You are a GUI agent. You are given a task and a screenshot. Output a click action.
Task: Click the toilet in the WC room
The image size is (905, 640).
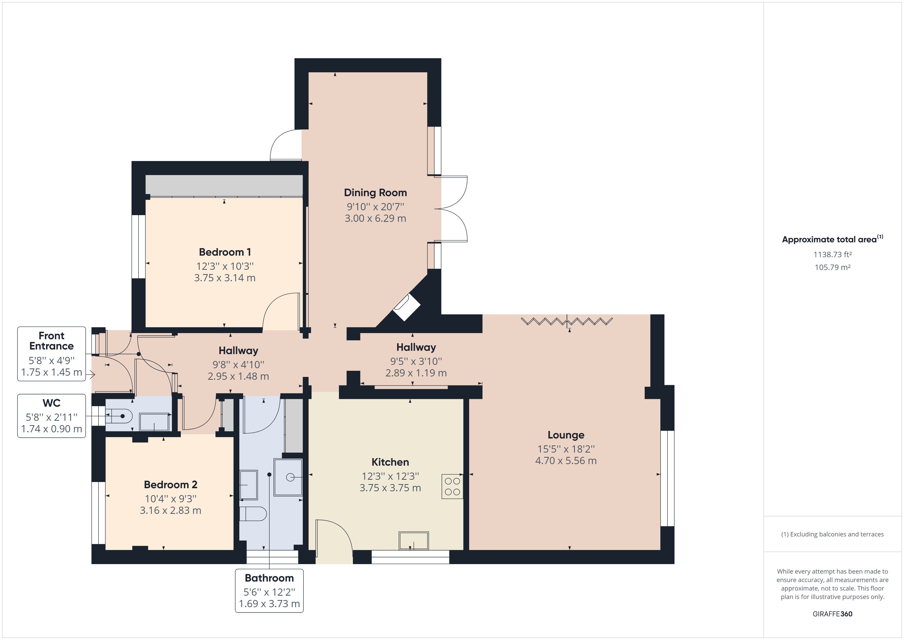(x=118, y=416)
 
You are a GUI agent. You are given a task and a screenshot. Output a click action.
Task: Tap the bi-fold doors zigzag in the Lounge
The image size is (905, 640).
(x=566, y=321)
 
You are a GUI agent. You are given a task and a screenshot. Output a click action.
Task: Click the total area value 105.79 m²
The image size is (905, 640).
(x=832, y=267)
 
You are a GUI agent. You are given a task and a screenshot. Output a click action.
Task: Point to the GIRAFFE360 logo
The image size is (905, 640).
(x=832, y=614)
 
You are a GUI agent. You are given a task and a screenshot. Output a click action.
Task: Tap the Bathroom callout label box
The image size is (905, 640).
(x=269, y=590)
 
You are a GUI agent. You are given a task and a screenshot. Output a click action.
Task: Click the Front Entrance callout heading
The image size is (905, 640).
(x=51, y=341)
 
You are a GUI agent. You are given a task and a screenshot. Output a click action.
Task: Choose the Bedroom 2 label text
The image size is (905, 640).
(x=170, y=484)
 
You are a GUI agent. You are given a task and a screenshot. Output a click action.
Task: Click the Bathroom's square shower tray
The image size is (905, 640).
(x=288, y=477)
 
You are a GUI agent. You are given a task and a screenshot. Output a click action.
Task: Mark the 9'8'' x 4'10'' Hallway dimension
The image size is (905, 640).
(x=238, y=365)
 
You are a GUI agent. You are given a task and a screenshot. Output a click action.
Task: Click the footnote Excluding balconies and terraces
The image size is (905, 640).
(x=832, y=534)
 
